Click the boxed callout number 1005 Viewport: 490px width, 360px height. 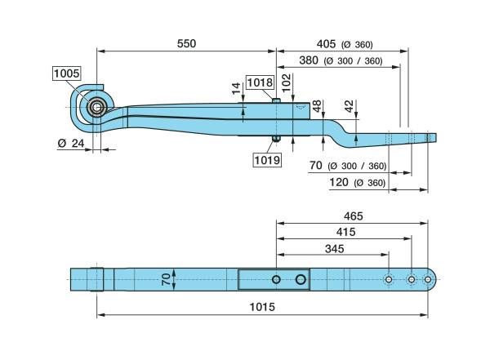(x=67, y=73)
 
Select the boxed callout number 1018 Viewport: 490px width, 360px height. (x=260, y=82)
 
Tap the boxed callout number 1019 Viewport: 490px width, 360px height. (x=267, y=160)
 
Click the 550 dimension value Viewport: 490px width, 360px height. (x=186, y=43)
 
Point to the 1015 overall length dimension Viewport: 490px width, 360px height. (x=262, y=307)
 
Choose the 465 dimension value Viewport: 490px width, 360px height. (x=354, y=216)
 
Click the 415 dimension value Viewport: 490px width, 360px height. (x=346, y=232)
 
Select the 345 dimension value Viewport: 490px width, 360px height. (x=334, y=249)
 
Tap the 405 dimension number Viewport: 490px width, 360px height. (x=326, y=44)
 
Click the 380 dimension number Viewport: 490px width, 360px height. (x=309, y=60)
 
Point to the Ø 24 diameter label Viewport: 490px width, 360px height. (x=71, y=143)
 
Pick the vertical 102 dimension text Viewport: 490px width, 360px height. (x=287, y=82)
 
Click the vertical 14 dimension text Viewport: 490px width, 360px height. (x=237, y=88)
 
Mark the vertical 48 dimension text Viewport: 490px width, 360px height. (x=317, y=106)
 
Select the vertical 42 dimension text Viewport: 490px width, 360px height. (x=349, y=106)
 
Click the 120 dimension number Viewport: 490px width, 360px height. (x=339, y=182)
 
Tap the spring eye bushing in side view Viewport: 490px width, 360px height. (x=97, y=108)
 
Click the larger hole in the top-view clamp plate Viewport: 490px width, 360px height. (x=301, y=279)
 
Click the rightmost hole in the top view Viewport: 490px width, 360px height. (x=427, y=279)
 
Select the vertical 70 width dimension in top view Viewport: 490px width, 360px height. (x=167, y=279)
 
